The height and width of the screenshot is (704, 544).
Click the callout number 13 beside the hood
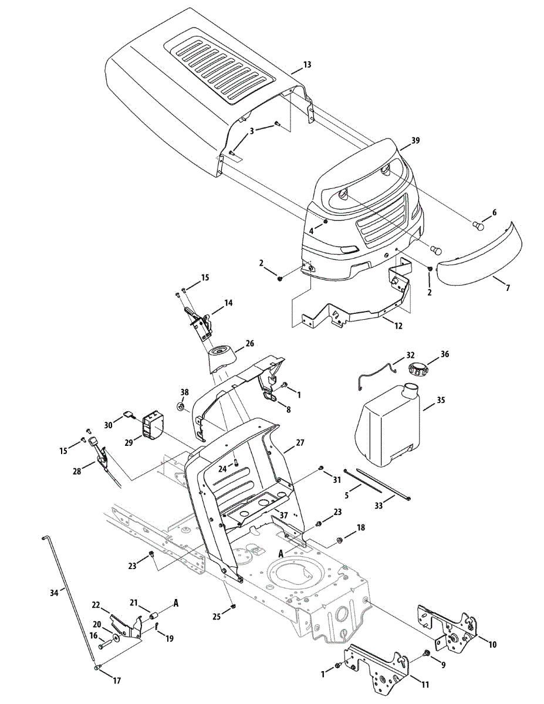tap(307, 65)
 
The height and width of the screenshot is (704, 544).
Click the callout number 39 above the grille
tap(415, 141)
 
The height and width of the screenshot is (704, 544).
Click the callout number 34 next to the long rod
tap(54, 593)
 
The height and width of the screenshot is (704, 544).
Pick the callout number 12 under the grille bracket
tap(398, 325)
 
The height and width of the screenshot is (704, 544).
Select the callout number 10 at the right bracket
tap(492, 644)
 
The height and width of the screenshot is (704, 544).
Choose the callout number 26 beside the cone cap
tap(249, 344)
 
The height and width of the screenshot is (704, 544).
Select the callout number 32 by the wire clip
tap(410, 356)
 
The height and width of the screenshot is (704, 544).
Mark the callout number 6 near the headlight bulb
tap(494, 212)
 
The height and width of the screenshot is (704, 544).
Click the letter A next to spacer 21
tap(175, 603)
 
